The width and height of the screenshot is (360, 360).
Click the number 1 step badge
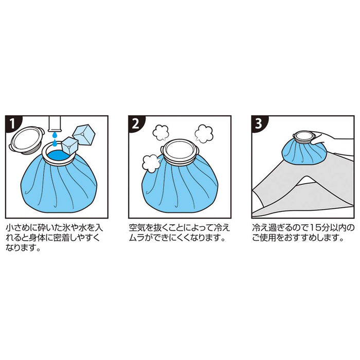(11, 123)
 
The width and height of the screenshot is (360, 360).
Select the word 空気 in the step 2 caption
(136, 227)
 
